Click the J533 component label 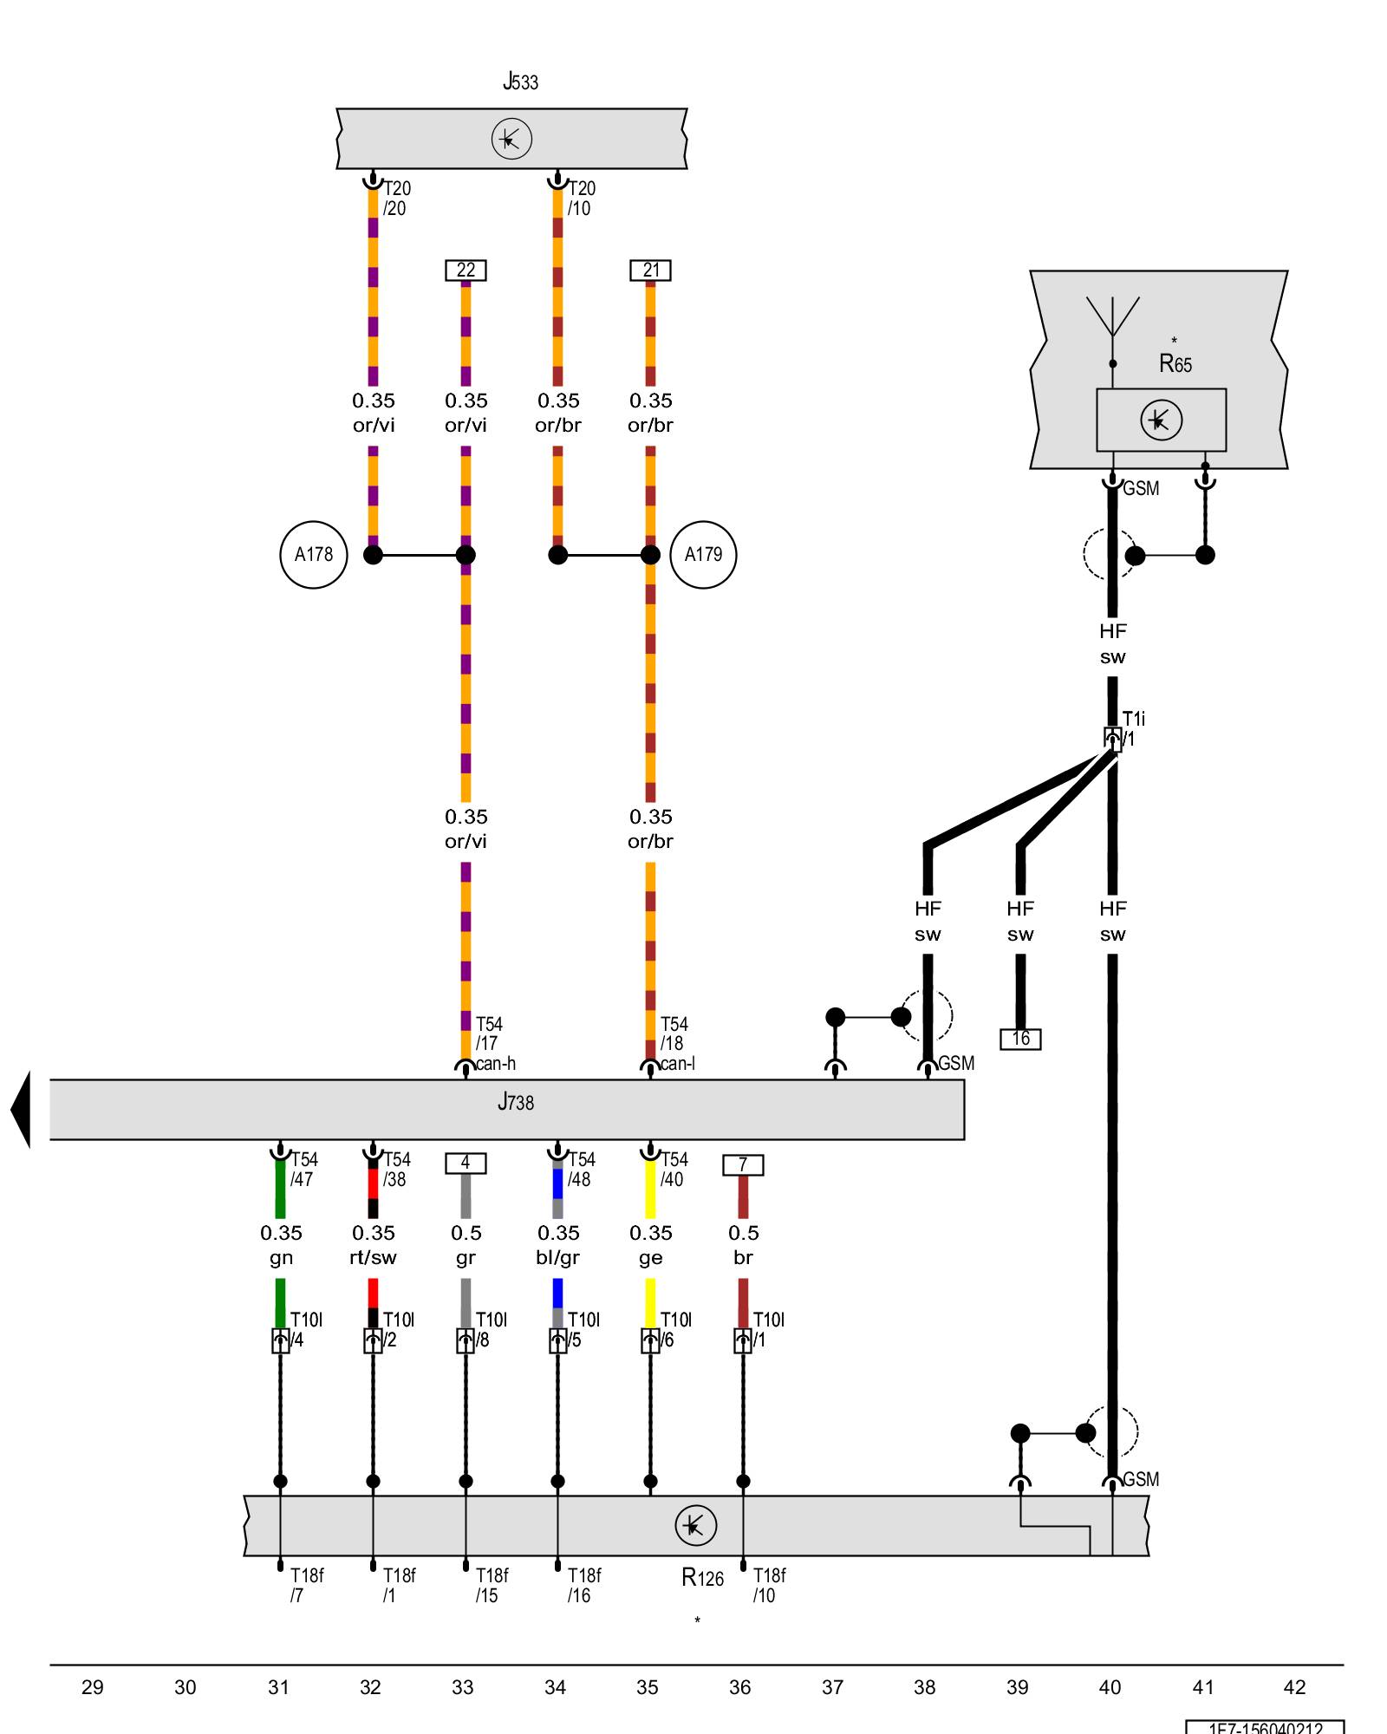click(x=520, y=82)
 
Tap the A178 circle click(x=314, y=555)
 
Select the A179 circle click(x=703, y=555)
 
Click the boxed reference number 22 click(x=466, y=271)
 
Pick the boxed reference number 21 click(x=650, y=271)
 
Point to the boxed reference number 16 click(x=1020, y=1039)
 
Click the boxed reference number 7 click(x=743, y=1165)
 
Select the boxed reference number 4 click(x=466, y=1163)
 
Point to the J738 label click(x=516, y=1103)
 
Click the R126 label click(x=702, y=1578)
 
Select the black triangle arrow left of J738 click(x=21, y=1110)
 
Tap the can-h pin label click(x=496, y=1064)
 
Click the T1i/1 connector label click(x=1132, y=728)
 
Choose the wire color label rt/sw click(x=373, y=1257)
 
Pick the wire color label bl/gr click(x=557, y=1257)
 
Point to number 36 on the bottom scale click(x=739, y=1687)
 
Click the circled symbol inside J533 click(x=511, y=139)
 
